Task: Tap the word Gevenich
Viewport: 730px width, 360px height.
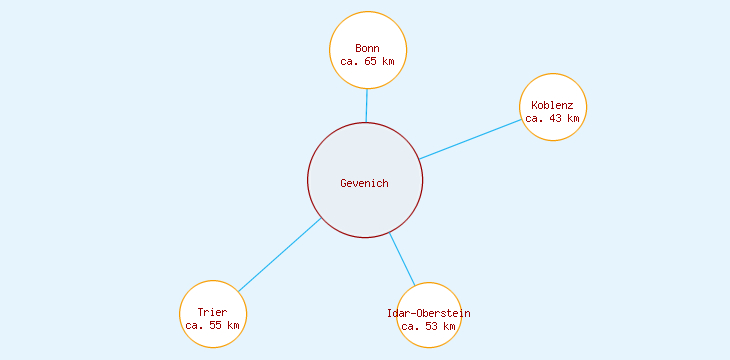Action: [x=365, y=183]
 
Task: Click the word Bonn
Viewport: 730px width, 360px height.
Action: [x=368, y=48]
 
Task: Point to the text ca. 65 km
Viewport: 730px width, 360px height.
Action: [x=368, y=61]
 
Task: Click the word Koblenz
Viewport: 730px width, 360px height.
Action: [x=553, y=105]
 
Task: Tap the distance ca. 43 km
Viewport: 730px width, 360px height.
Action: [x=553, y=118]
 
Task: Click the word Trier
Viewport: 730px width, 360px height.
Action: [x=213, y=312]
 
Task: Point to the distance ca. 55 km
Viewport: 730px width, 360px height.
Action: [x=213, y=325]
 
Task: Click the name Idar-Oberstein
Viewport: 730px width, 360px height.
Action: [x=429, y=313]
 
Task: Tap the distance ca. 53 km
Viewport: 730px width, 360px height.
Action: [x=429, y=326]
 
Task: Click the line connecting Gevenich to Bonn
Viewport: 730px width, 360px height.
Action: [x=366, y=105]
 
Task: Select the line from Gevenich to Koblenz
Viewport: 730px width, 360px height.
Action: [x=470, y=139]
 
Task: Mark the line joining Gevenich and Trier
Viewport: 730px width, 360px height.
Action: [x=280, y=254]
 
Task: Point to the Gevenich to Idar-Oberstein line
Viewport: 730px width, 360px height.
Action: [x=402, y=260]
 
